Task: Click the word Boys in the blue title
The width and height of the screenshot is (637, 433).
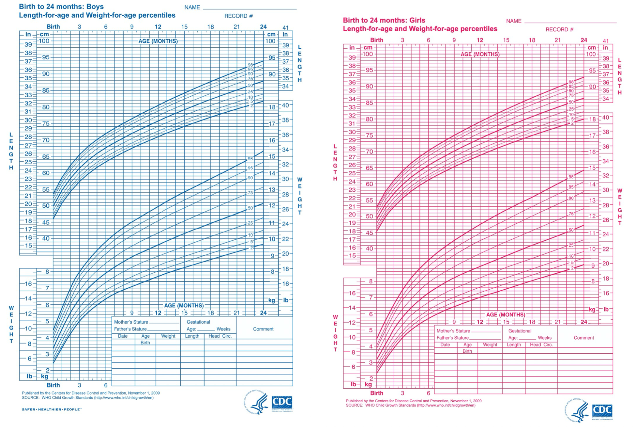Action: [95, 7]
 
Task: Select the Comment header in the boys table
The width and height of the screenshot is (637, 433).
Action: [263, 329]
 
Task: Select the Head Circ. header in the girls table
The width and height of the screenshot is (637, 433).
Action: [541, 345]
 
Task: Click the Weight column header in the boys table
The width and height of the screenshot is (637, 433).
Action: [168, 336]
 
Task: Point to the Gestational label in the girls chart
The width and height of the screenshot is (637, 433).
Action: [520, 331]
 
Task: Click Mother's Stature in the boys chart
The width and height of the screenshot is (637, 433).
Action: [131, 322]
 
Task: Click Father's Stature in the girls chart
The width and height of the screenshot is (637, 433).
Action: [452, 338]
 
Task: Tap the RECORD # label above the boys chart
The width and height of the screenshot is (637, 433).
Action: [238, 16]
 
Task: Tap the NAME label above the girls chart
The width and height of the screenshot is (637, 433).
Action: [514, 21]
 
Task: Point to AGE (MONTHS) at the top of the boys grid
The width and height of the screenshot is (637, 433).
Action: [158, 41]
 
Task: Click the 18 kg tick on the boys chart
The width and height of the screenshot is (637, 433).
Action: [272, 107]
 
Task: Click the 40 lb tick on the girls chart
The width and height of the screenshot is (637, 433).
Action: [606, 118]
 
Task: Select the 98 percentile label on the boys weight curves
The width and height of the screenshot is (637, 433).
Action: [250, 159]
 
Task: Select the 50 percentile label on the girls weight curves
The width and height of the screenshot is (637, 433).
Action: [571, 230]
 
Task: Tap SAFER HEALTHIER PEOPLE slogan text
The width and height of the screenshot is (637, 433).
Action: [52, 409]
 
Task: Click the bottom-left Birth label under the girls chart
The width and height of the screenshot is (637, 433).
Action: [376, 393]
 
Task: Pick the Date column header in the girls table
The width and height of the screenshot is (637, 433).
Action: [445, 345]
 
